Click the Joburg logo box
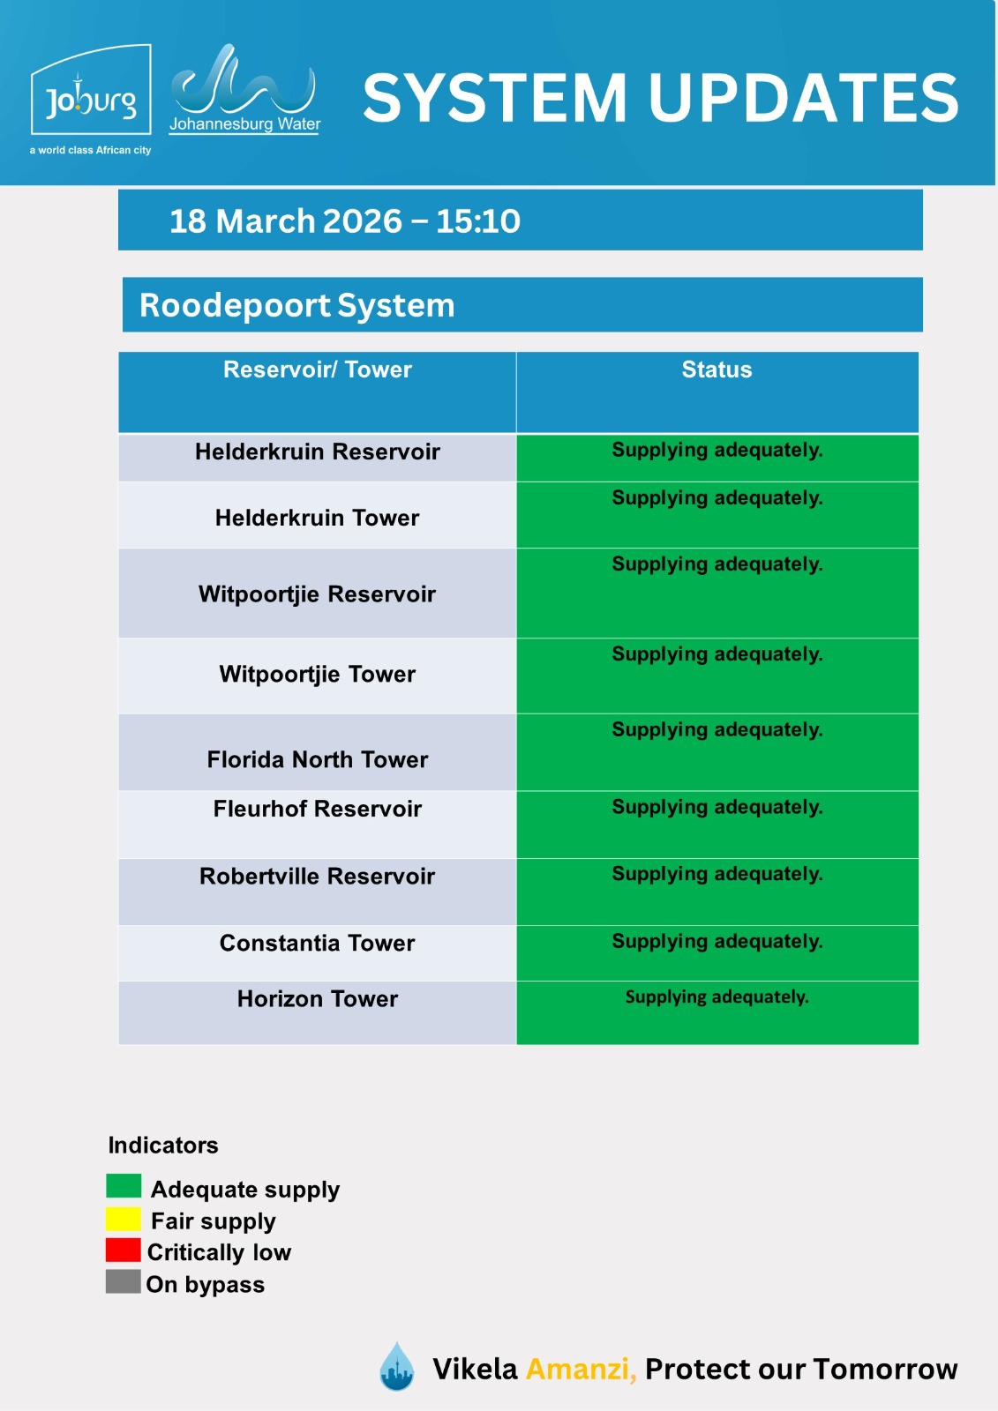tap(91, 91)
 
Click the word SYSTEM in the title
tap(495, 98)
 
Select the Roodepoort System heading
tap(297, 306)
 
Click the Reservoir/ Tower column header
tap(318, 370)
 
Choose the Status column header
tap(717, 370)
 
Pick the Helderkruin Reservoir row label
tap(318, 452)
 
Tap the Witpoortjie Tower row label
tap(318, 675)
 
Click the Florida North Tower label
tap(318, 760)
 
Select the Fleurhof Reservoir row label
tap(318, 810)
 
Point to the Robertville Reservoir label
tap(318, 877)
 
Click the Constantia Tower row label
tap(318, 944)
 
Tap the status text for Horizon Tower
tap(717, 997)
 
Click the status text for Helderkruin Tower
tap(717, 498)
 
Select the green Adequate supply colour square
tap(124, 1186)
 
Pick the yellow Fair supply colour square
tap(124, 1219)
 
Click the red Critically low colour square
tap(124, 1250)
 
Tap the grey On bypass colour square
tap(124, 1281)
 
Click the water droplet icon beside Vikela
tap(397, 1367)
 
